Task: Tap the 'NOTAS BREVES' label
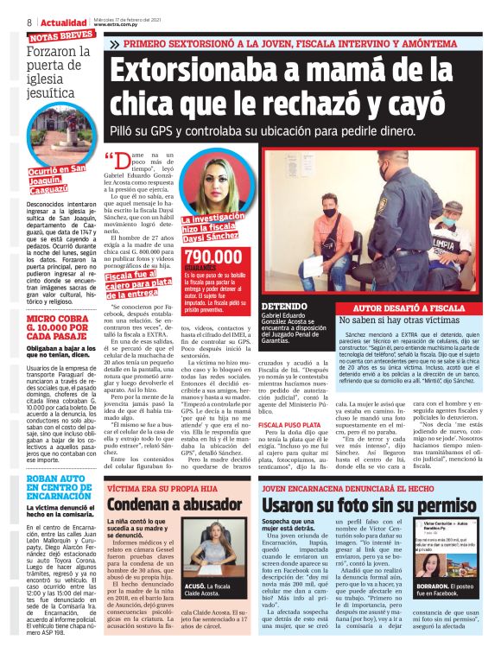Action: (x=61, y=36)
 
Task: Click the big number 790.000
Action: (x=213, y=257)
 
